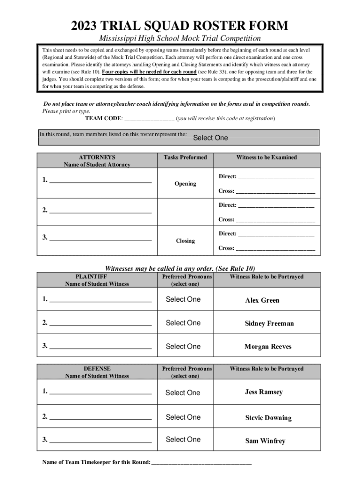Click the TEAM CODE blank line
point(149,119)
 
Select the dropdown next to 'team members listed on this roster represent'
point(210,138)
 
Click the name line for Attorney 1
point(100,180)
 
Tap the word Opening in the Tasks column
point(185,184)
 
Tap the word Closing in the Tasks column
point(185,241)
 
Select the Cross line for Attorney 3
point(275,249)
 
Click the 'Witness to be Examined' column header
point(266,158)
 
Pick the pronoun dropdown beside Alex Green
point(183,299)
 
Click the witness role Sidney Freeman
point(269,324)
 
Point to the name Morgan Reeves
point(268,347)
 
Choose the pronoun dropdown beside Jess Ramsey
point(183,393)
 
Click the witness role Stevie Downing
point(268,418)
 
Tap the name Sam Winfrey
point(265,441)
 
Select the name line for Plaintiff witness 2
point(100,323)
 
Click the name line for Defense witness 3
point(100,440)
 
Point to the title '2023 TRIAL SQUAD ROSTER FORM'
point(180,25)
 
